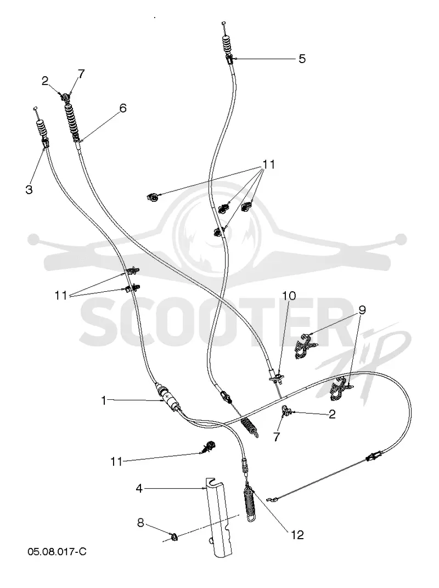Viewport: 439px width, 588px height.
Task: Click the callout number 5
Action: [x=302, y=59]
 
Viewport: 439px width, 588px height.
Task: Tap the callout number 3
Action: [x=29, y=190]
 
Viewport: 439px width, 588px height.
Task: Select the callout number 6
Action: [x=123, y=108]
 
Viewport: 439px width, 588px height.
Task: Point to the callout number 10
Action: [x=289, y=296]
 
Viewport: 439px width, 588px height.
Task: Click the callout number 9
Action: [x=362, y=310]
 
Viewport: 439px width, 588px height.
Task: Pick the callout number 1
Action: [x=104, y=400]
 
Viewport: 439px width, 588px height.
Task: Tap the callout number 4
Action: [x=139, y=489]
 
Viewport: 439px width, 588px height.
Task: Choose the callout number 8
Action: [x=140, y=523]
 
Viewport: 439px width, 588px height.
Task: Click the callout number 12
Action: [x=297, y=535]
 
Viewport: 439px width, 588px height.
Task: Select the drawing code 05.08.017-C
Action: [x=57, y=552]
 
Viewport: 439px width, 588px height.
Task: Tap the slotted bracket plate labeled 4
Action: [x=218, y=517]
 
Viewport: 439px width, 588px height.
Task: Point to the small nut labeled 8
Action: [x=174, y=538]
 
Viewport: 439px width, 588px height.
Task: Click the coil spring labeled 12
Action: [x=250, y=503]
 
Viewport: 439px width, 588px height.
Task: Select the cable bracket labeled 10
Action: [x=276, y=377]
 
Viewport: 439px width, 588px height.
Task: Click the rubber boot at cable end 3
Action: [x=42, y=132]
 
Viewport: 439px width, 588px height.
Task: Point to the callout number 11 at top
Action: [x=268, y=165]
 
